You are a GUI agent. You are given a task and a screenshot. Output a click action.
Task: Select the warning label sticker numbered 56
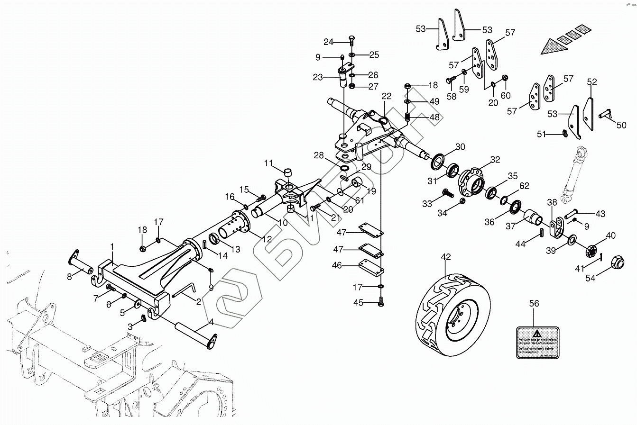(537, 342)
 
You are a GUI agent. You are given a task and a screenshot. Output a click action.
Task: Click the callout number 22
(387, 96)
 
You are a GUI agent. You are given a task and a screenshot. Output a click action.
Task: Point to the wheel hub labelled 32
(471, 182)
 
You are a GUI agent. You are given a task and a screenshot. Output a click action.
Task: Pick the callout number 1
(112, 247)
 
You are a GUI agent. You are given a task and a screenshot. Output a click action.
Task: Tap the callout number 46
(337, 266)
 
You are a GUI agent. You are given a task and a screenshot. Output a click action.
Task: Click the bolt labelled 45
(381, 302)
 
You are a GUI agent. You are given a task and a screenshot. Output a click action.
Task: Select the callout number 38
(552, 202)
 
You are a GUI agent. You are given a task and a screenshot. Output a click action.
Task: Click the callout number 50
(621, 125)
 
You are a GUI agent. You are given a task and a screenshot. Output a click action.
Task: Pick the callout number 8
(70, 277)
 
